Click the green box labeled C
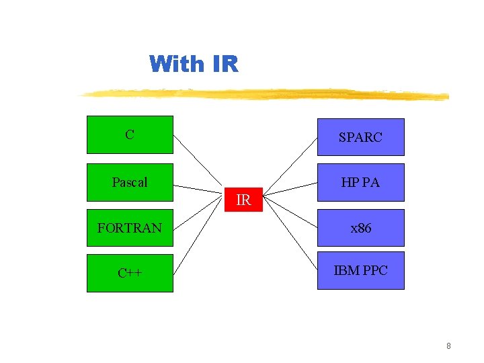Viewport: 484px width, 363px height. coord(130,134)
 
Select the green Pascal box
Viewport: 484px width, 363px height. coord(130,182)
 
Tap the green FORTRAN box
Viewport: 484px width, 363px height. coord(130,228)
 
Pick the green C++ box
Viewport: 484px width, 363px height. coord(130,273)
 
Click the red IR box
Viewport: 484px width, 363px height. coord(243,200)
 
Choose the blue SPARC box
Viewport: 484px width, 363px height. coord(360,137)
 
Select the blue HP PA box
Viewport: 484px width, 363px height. coord(360,182)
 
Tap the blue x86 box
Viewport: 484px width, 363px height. coord(360,228)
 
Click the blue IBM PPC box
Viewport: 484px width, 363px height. coord(360,270)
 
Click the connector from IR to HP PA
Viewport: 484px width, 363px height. coord(290,188)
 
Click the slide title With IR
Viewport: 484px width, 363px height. coord(194,65)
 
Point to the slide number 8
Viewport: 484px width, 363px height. coord(448,346)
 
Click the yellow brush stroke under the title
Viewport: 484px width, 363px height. coord(262,95)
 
